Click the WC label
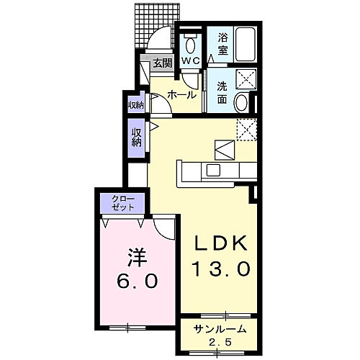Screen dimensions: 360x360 pos(190,60)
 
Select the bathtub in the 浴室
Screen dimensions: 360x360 pos(245,45)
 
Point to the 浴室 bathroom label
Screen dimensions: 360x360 pos(222,44)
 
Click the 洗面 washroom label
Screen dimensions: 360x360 pos(222,93)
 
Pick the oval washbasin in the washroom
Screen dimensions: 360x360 pos(241,102)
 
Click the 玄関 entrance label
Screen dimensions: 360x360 pos(163,63)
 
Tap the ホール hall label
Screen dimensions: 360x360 pos(181,95)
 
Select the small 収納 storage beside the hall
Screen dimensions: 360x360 pos(136,105)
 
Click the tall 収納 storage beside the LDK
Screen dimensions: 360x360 pos(136,138)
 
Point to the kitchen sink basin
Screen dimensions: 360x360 pos(213,170)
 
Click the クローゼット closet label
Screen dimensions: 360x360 pos(123,203)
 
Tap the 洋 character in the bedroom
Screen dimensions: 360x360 pos(137,258)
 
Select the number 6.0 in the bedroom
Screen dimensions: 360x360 pos(138,281)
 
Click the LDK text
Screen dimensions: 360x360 pos(220,243)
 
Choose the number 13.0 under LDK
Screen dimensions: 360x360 pos(221,269)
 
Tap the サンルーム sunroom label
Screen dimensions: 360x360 pos(220,329)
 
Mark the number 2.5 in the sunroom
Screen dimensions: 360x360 pos(220,342)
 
